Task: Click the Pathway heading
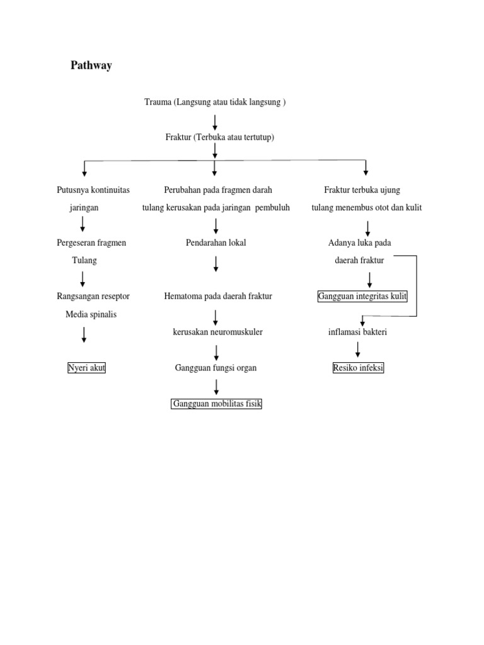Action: [91, 66]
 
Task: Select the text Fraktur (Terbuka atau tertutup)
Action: [216, 137]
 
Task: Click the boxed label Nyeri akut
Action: [86, 368]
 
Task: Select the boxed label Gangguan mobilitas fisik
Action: [216, 404]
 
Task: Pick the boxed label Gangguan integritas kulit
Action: [363, 296]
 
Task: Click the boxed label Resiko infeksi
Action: [358, 368]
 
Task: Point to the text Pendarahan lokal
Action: [216, 243]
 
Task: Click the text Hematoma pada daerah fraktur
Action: [217, 296]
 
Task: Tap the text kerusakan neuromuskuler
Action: [217, 332]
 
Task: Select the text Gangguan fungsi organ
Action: [216, 368]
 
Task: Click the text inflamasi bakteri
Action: [357, 332]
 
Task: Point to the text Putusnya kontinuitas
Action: [93, 190]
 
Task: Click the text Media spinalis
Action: [91, 314]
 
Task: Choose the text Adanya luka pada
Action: [359, 243]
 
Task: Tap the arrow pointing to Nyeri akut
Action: [84, 334]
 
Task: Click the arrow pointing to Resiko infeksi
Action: [358, 350]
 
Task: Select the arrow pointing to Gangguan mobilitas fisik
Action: [216, 386]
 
